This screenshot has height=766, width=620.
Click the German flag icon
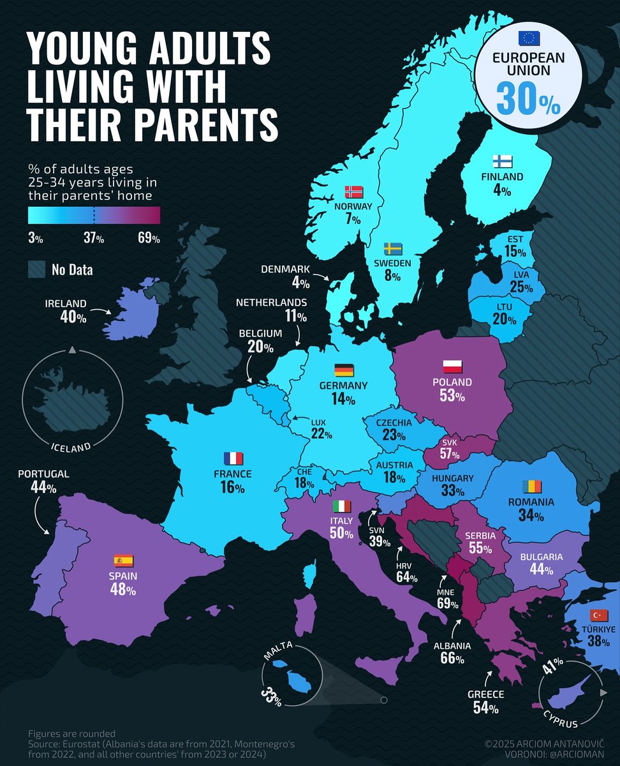pos(344,370)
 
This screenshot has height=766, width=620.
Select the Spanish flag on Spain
pos(122,561)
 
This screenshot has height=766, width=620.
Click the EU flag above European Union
pos(528,38)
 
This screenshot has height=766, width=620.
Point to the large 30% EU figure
pos(528,97)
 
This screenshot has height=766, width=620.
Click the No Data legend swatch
pos(37,269)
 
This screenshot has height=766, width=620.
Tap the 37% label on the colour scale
pos(94,239)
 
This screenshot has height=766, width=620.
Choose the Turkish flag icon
pos(598,615)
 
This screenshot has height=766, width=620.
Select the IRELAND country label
pos(66,304)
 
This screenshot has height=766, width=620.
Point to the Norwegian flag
pos(353,191)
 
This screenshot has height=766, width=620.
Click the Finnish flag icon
pos(502,161)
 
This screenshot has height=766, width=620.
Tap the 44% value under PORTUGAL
pos(43,488)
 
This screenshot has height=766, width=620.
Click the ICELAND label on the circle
pos(71,447)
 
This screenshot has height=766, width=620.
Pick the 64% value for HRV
pos(406,578)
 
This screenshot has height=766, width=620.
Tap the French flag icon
pos(233,458)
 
